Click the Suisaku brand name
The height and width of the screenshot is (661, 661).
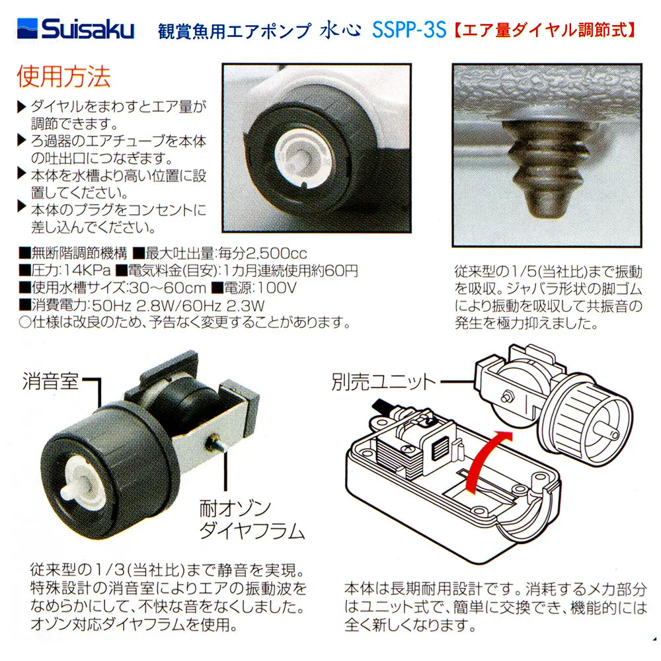click(88, 30)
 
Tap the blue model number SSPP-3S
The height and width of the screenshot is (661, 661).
click(409, 30)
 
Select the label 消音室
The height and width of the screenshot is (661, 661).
click(50, 381)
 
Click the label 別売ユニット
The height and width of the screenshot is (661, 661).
click(383, 382)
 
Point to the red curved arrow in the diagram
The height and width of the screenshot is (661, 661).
click(485, 459)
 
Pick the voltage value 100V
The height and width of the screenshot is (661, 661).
click(276, 288)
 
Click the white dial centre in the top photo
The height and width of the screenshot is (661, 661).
click(300, 157)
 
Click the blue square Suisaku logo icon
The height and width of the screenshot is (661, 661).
click(27, 28)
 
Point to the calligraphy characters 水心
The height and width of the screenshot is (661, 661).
click(340, 30)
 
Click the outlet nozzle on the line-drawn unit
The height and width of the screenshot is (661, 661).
click(609, 432)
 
